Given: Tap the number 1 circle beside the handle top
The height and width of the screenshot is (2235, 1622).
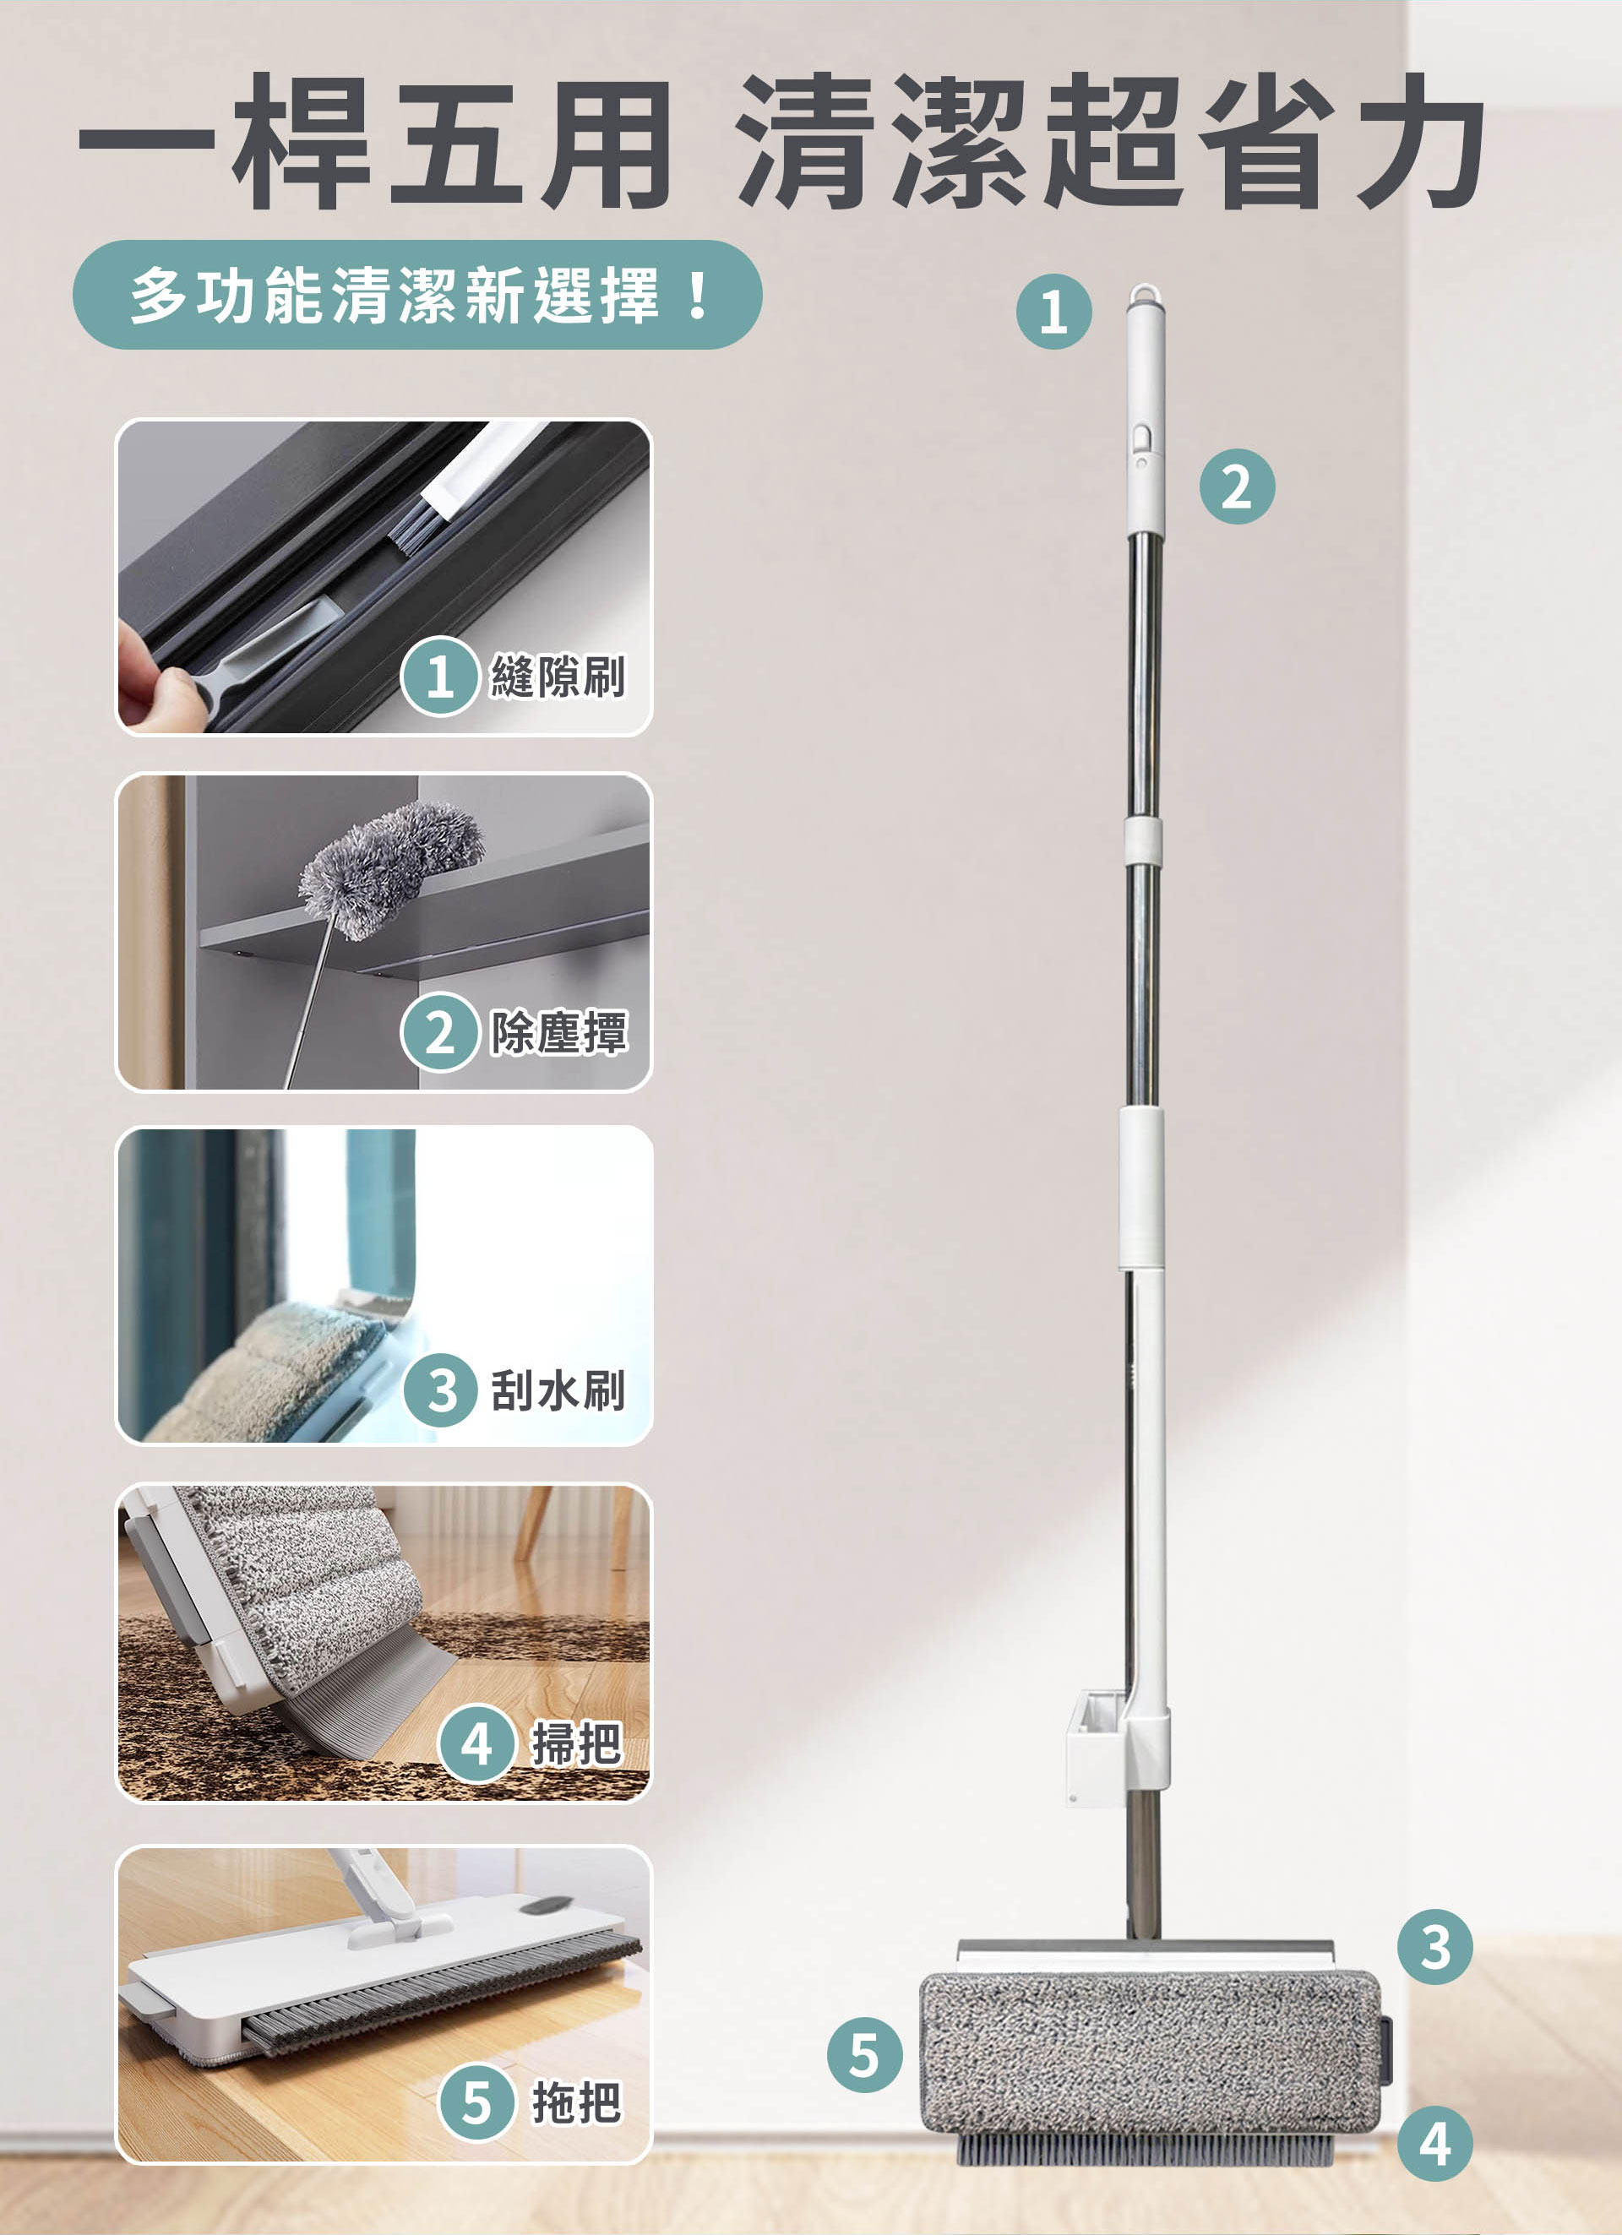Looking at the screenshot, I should coord(1053,312).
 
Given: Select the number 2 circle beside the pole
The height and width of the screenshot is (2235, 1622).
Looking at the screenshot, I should coord(1237,487).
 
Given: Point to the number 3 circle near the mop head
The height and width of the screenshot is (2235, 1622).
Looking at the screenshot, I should coord(1434,1947).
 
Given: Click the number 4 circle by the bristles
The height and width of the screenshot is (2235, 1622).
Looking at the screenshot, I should coord(1434,2144).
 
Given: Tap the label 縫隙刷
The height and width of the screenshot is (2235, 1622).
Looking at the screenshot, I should coord(558,677).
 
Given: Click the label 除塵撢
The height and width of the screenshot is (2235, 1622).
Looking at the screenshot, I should coord(558,1033).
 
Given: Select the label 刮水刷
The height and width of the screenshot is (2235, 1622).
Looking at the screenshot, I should coord(558,1390).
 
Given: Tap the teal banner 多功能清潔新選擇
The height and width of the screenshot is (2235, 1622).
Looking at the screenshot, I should coord(416,295).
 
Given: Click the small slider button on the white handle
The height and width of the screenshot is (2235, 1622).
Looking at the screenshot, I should coord(1141,438).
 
